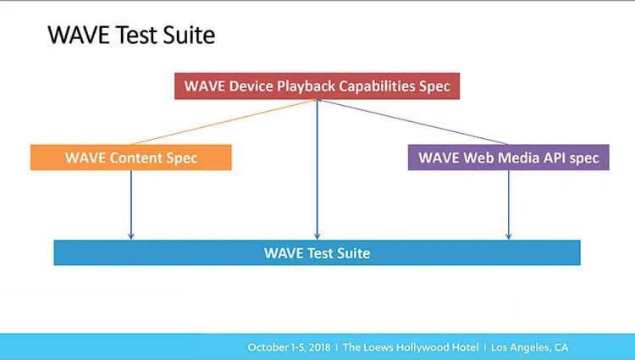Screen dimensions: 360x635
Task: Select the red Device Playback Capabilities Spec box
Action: [x=317, y=86]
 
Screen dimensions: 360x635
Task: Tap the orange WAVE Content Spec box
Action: [x=130, y=157]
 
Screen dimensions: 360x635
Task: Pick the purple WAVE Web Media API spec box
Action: [x=508, y=157]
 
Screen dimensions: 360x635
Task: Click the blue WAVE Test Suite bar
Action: [x=317, y=252]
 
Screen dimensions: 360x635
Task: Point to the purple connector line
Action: [x=415, y=121]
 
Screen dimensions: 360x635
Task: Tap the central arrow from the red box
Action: [x=317, y=169]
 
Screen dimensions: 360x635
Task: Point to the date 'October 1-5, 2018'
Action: [x=289, y=347]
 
